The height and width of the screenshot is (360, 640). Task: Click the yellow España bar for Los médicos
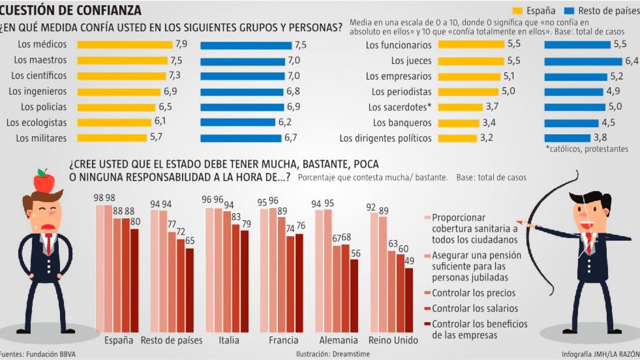[x=124, y=45]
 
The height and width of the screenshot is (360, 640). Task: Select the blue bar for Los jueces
[x=583, y=61]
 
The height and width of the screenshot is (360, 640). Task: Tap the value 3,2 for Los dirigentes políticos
[x=486, y=138]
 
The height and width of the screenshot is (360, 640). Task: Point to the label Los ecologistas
[x=36, y=123]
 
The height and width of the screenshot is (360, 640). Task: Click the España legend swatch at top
[x=518, y=11]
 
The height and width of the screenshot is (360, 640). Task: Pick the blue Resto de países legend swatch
[x=569, y=11]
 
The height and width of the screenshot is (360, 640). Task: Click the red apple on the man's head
[x=44, y=181]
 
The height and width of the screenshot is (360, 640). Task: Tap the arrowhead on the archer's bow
[x=521, y=222]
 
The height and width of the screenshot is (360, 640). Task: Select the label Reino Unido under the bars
[x=393, y=340]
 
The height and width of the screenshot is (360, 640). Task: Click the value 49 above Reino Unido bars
[x=409, y=261]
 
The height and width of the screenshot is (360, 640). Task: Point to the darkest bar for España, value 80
[x=134, y=280]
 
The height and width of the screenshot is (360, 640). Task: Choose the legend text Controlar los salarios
[x=475, y=308]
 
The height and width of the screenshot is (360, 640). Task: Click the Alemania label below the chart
[x=338, y=340]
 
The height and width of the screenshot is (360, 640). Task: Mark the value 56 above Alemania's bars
[x=355, y=254]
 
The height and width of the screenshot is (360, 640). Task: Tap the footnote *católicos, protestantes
[x=587, y=149]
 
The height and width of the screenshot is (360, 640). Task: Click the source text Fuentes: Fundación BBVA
[x=38, y=354]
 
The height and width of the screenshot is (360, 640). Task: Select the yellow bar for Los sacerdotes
[x=460, y=107]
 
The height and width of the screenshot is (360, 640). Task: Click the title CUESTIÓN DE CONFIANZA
[x=70, y=10]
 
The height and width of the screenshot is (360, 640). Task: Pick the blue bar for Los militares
[x=241, y=138]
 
